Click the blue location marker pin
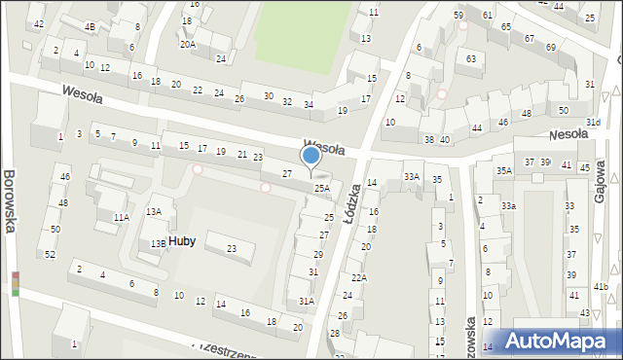tap(311, 156)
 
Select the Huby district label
tap(181, 240)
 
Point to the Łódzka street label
tap(352, 203)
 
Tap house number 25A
tap(321, 188)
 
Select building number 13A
tap(154, 211)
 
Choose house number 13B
tap(158, 244)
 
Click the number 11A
tap(121, 218)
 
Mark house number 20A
tap(187, 44)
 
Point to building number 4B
tap(90, 26)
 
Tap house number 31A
tap(307, 302)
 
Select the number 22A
tap(359, 278)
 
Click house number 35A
tap(503, 170)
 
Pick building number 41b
tap(602, 286)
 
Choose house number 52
tap(50, 254)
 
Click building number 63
tap(471, 58)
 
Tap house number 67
tap(529, 38)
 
